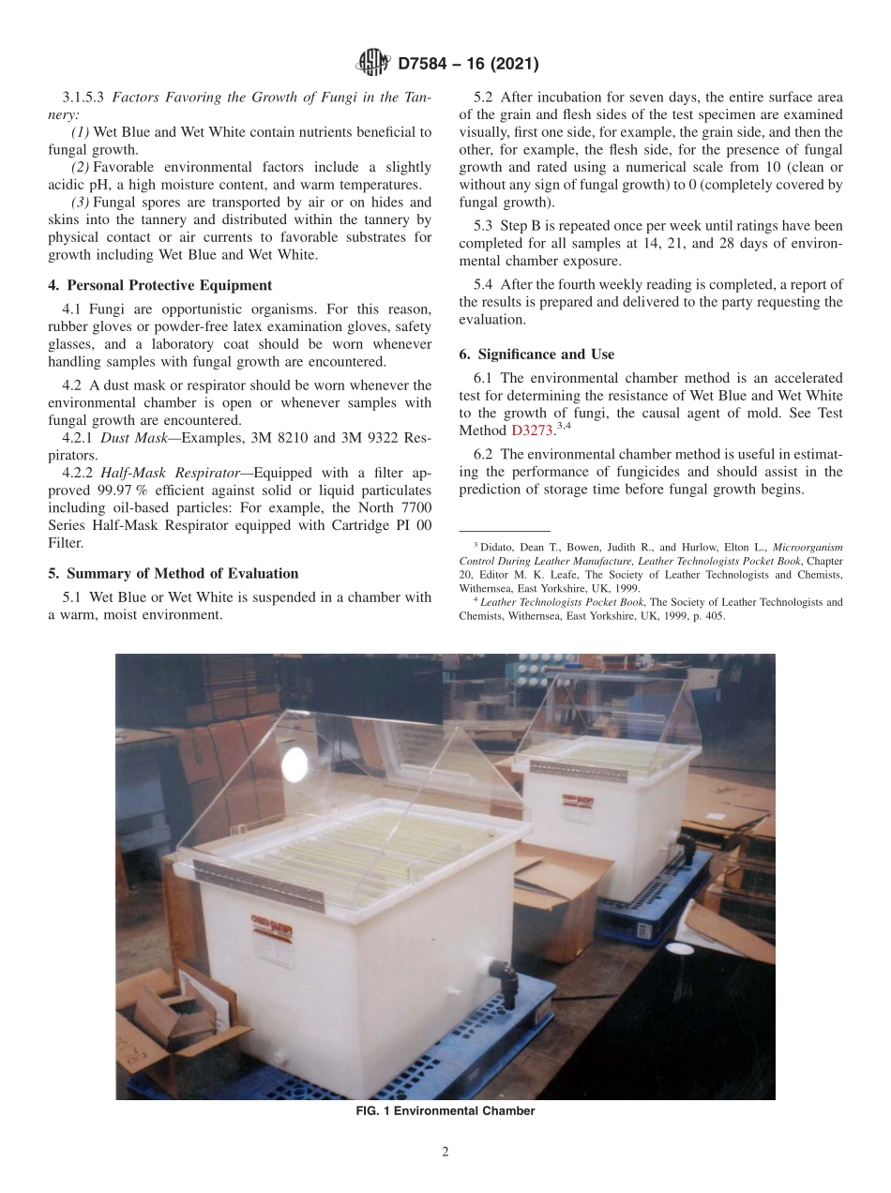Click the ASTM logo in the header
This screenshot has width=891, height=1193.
click(372, 64)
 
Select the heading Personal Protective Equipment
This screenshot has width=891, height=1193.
click(169, 285)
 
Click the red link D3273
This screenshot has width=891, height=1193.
click(532, 430)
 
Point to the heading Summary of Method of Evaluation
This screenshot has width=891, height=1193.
click(182, 573)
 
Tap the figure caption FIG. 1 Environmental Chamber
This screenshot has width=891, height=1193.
click(445, 1111)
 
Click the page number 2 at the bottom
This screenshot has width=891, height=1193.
click(445, 1153)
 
